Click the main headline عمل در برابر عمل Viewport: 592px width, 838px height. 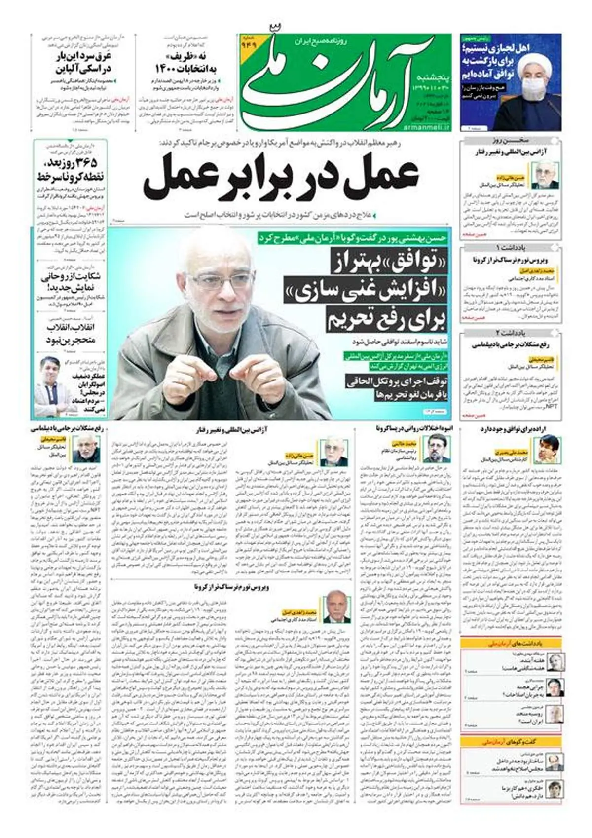click(x=281, y=177)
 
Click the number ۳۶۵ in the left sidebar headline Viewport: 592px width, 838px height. click(x=85, y=163)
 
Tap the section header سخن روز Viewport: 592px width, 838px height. click(x=511, y=140)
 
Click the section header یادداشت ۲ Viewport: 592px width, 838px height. click(x=511, y=333)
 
